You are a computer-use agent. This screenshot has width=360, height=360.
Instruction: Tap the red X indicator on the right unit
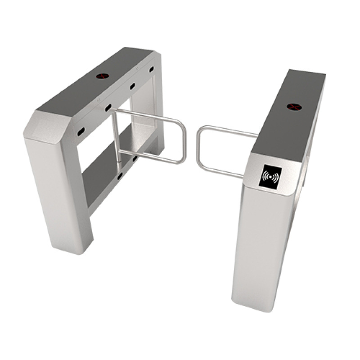tap(293, 107)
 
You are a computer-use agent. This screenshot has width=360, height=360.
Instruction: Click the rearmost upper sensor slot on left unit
tap(151, 69)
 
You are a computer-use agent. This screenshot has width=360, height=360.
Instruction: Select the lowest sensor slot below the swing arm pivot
tap(120, 175)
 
